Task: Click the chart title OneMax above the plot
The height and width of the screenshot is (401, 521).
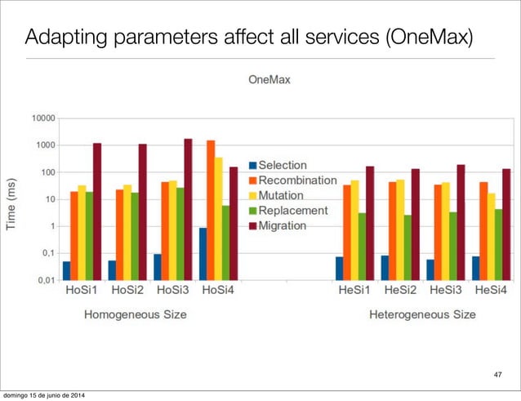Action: tap(269, 80)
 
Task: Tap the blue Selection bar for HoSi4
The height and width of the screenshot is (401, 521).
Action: tap(203, 253)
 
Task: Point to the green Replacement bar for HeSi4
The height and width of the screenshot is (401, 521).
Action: tap(498, 244)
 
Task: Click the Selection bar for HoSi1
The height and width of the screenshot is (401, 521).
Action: tap(66, 270)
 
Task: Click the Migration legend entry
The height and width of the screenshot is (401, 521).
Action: tap(282, 225)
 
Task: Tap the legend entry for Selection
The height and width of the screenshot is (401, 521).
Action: tap(283, 166)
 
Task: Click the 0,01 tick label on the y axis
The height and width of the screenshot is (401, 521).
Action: tap(45, 280)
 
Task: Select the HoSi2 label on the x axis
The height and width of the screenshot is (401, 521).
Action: tap(127, 291)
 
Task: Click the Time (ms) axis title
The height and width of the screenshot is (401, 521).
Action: tap(12, 203)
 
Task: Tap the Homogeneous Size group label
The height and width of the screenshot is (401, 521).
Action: tap(135, 314)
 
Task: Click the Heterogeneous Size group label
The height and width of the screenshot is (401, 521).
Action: tap(422, 314)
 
